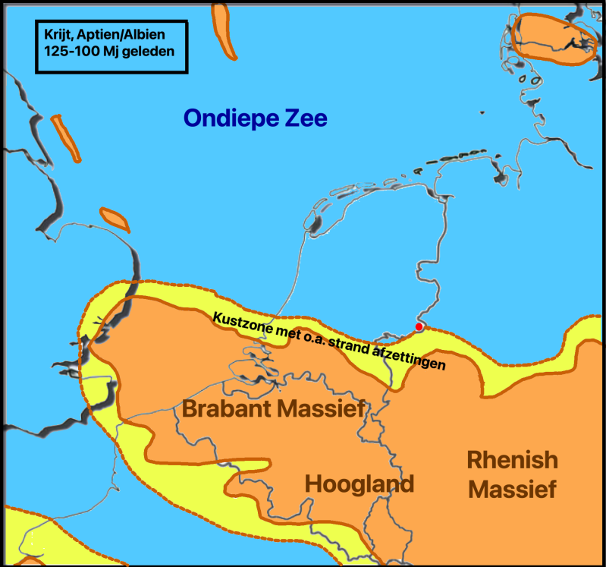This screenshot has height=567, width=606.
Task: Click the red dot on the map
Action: point(419,326)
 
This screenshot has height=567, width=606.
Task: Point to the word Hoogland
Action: point(360,484)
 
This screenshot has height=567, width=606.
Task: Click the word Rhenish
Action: point(512,460)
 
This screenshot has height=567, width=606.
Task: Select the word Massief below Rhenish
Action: point(512,490)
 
